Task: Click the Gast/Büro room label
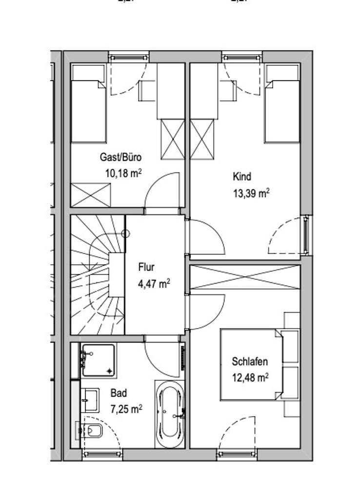click(x=120, y=157)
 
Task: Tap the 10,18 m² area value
click(x=123, y=173)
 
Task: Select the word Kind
click(x=242, y=176)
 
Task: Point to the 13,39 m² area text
click(x=251, y=192)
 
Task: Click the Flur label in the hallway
click(x=146, y=267)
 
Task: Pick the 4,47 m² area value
click(x=154, y=283)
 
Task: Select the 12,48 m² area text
click(x=251, y=377)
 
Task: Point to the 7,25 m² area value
click(x=125, y=408)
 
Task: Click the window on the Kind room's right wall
click(x=305, y=235)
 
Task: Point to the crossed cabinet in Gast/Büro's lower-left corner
click(x=91, y=195)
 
